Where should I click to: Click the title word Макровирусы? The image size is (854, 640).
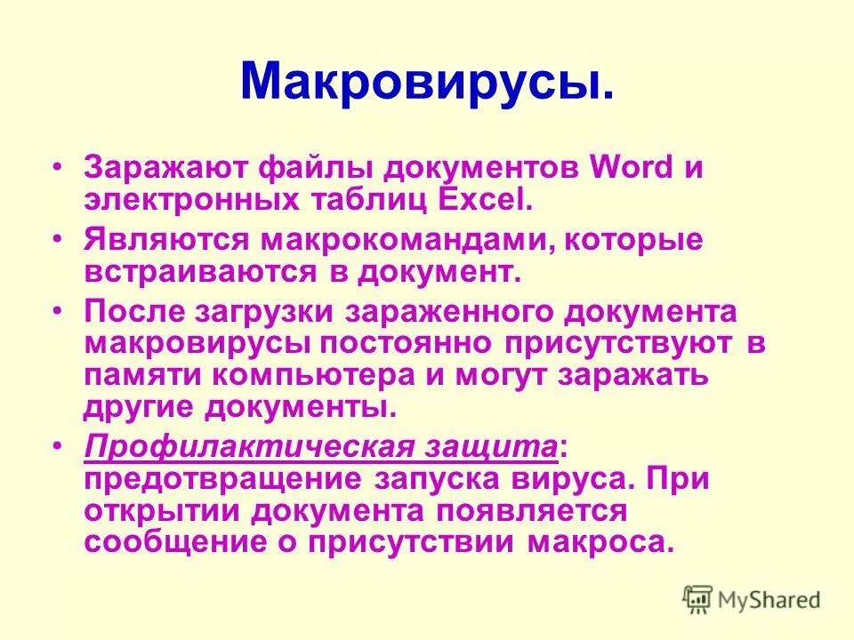point(426,83)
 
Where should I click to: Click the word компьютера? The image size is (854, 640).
point(315,374)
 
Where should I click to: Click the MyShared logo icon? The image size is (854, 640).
point(698,600)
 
